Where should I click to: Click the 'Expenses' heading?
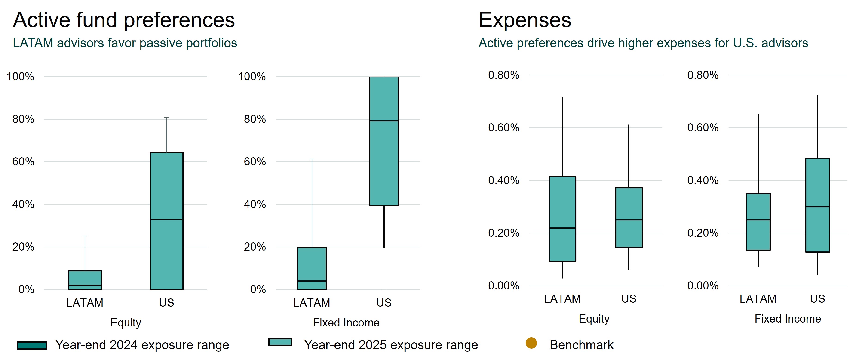(525, 20)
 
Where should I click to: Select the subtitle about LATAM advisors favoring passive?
(125, 43)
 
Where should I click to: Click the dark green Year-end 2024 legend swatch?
(32, 346)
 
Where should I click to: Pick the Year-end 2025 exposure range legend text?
(391, 345)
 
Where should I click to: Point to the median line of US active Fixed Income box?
(384, 121)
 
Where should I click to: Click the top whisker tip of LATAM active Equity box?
(85, 236)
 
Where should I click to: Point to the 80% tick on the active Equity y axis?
(23, 119)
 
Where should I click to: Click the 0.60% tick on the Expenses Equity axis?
(503, 127)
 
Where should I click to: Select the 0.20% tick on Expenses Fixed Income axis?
(703, 233)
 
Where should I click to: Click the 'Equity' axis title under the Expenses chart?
(594, 319)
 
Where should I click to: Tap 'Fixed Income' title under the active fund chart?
(346, 323)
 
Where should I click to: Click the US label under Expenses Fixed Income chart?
(817, 299)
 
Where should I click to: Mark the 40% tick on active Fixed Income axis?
(255, 204)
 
